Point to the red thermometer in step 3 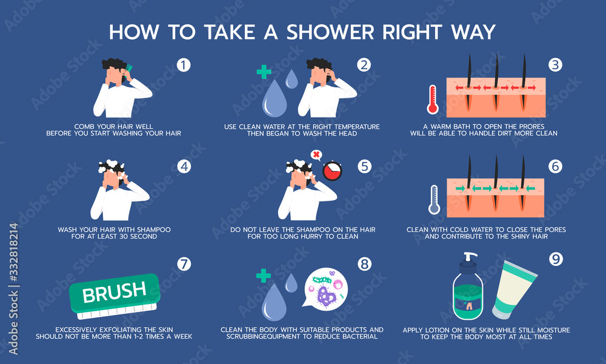[x=433, y=99]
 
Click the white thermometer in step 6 [x=433, y=200]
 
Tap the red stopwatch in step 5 [x=331, y=171]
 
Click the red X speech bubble [x=316, y=155]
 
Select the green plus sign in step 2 [x=263, y=72]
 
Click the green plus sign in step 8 [x=263, y=276]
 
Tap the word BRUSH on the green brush [x=114, y=292]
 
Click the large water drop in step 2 [x=273, y=100]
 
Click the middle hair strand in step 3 [x=496, y=85]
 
